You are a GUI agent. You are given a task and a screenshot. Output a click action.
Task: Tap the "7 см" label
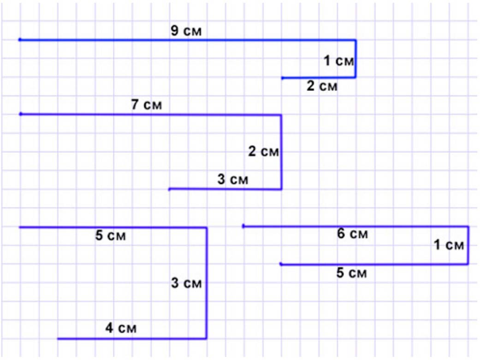pyautogui.click(x=147, y=105)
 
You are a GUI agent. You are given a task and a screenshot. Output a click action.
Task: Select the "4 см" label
pyautogui.click(x=121, y=329)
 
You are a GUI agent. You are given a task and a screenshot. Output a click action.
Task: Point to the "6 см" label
pyautogui.click(x=353, y=234)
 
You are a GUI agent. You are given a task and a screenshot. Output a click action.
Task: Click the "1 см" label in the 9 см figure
pyautogui.click(x=338, y=60)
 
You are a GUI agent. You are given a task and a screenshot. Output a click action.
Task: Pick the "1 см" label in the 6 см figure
pyautogui.click(x=449, y=245)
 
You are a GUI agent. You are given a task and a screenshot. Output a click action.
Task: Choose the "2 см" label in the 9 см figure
pyautogui.click(x=322, y=86)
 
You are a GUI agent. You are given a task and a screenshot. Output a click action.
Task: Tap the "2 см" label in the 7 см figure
pyautogui.click(x=263, y=151)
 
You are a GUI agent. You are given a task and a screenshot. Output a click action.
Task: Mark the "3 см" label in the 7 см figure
pyautogui.click(x=232, y=180)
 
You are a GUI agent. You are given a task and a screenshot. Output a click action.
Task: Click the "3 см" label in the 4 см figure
pyautogui.click(x=186, y=283)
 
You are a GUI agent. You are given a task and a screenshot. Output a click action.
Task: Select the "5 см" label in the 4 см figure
pyautogui.click(x=110, y=237)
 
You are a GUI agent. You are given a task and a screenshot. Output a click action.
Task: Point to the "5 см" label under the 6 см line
pyautogui.click(x=351, y=273)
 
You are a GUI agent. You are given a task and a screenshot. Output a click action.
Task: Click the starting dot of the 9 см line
pyautogui.click(x=20, y=40)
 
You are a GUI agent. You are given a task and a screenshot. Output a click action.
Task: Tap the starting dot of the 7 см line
pyautogui.click(x=20, y=114)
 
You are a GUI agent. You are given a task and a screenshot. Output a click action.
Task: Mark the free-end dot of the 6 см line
pyautogui.click(x=243, y=226)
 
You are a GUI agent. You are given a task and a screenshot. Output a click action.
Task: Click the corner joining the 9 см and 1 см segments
pyautogui.click(x=355, y=40)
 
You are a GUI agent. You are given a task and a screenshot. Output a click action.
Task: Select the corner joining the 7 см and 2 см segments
pyautogui.click(x=281, y=114)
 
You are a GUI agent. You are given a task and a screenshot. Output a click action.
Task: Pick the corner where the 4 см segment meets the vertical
pyautogui.click(x=206, y=338)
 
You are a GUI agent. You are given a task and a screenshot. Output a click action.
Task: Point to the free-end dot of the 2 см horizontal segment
pyautogui.click(x=282, y=78)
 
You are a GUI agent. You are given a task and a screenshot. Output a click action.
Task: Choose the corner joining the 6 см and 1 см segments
pyautogui.click(x=468, y=226)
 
